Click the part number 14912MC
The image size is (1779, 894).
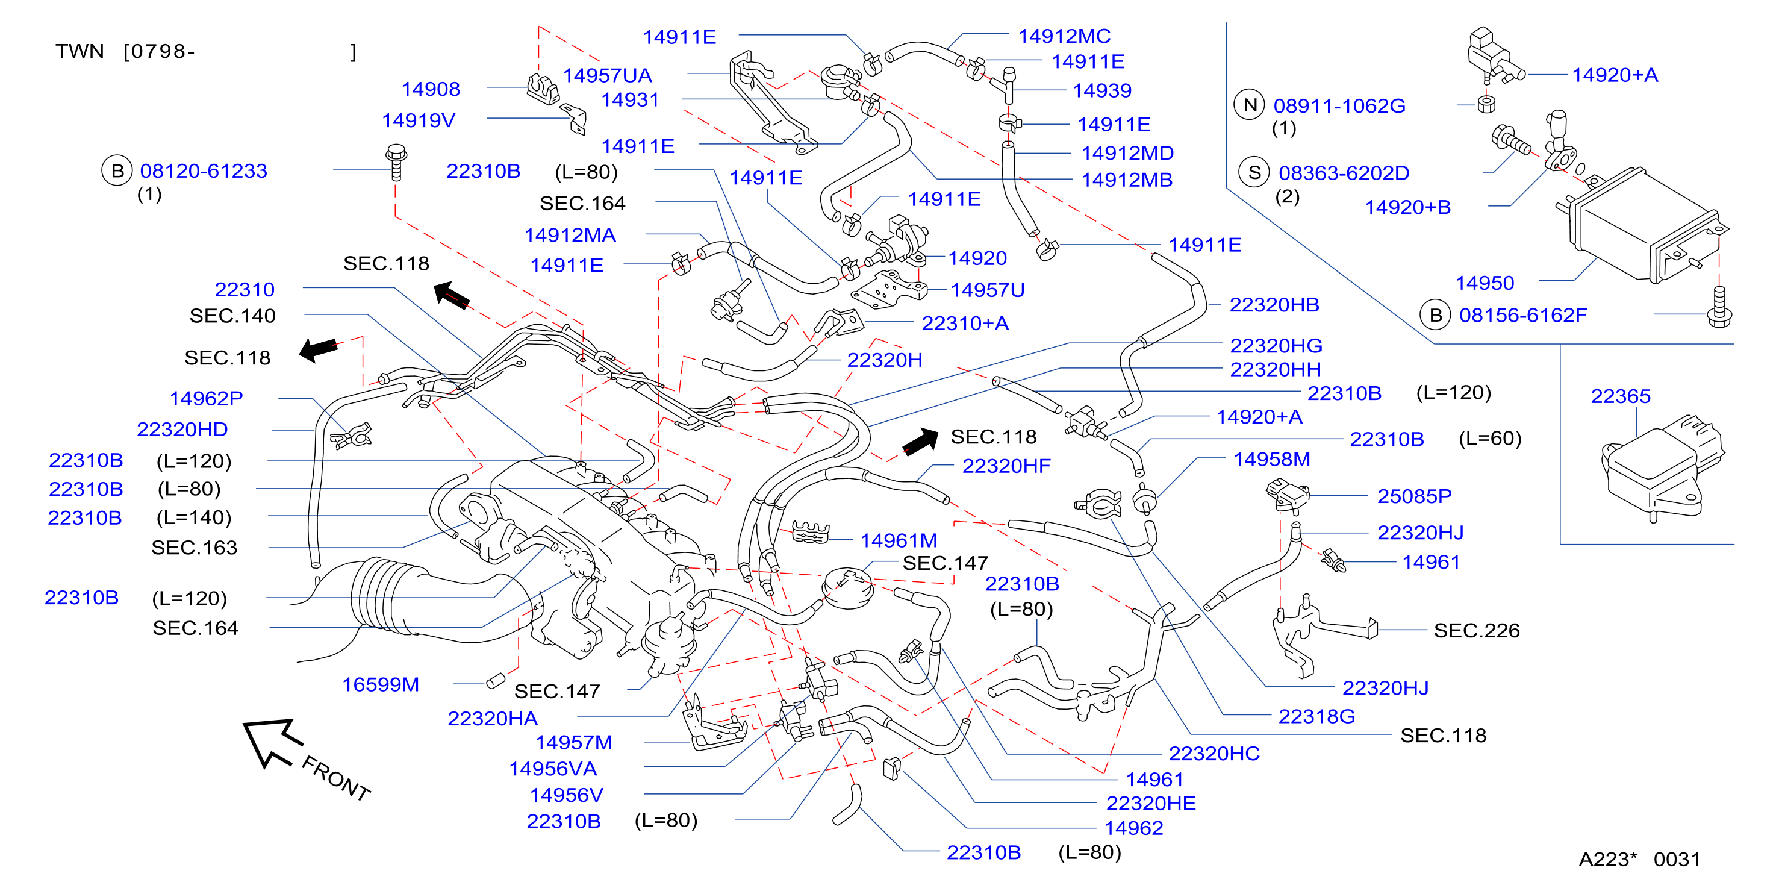pos(1064,36)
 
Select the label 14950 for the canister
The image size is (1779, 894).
pos(1484,283)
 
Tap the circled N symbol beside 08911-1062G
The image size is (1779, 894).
pos(1249,105)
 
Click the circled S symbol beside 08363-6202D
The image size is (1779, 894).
pos(1254,173)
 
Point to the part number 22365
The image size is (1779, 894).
pos(1620,396)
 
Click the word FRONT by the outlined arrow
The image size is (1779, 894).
pos(336,778)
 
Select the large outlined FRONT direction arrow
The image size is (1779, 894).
pos(272,742)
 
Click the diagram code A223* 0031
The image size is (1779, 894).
pos(1639,859)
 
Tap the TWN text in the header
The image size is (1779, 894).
pos(80,51)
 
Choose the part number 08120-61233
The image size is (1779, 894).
pos(204,170)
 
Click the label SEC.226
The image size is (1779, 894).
pos(1477,630)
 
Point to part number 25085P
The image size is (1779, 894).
pos(1415,496)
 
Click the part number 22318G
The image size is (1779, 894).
pos(1316,716)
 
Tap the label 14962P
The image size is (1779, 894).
pos(207,398)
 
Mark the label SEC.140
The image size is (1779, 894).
pos(232,316)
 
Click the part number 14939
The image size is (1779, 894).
pos(1102,90)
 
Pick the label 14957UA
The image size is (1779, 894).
pos(607,75)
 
